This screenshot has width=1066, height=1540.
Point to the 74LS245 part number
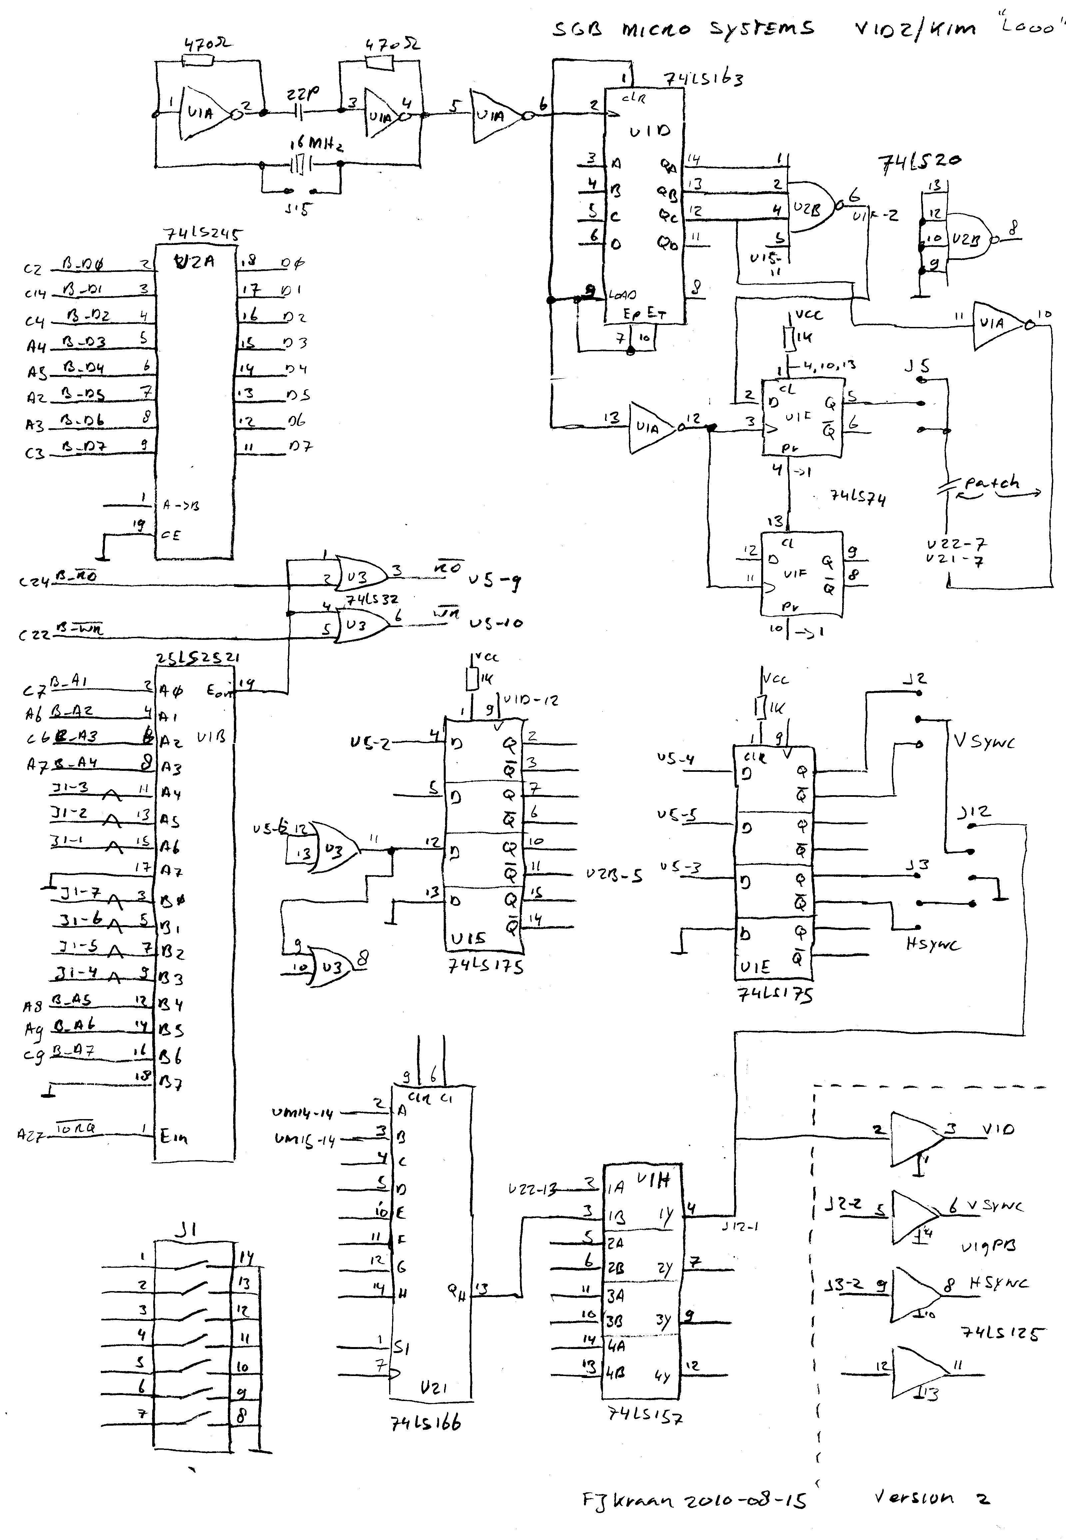tap(203, 235)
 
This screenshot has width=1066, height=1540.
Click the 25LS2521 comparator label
tap(197, 658)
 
